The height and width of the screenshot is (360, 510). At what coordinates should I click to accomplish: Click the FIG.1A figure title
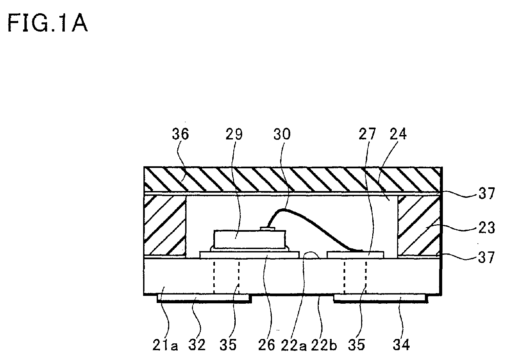(47, 23)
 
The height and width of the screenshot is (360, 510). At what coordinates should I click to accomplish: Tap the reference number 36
(180, 134)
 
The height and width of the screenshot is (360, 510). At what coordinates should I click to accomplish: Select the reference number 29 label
(234, 134)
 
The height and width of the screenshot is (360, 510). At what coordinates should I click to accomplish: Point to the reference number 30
(282, 134)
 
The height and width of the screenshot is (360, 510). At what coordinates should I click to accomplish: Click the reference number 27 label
(367, 134)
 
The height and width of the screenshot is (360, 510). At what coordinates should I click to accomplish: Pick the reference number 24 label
(398, 134)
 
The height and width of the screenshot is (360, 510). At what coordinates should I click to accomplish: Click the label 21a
(165, 345)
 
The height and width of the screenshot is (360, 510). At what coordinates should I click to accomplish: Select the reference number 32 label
(197, 345)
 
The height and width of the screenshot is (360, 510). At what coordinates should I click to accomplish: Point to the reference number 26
(267, 345)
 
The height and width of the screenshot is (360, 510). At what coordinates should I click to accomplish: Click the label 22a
(294, 345)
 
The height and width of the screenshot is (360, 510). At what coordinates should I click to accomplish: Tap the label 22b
(324, 345)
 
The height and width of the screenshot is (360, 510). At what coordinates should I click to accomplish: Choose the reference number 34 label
(401, 345)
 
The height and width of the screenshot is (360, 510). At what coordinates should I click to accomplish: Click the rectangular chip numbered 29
(250, 239)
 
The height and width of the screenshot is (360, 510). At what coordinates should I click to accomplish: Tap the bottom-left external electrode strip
(204, 298)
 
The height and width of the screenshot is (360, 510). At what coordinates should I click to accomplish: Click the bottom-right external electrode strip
(381, 298)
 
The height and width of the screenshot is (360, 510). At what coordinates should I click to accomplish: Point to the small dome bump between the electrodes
(312, 255)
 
